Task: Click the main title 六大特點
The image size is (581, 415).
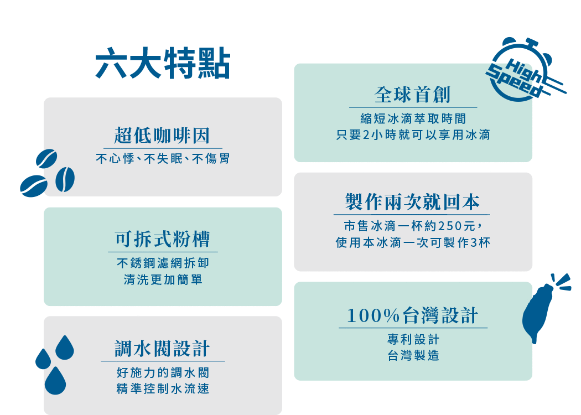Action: click(163, 63)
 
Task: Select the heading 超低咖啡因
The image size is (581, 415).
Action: click(162, 135)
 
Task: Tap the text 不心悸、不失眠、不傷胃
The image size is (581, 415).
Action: click(163, 159)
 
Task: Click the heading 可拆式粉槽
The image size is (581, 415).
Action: click(162, 239)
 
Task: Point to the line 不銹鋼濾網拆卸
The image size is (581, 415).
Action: click(163, 263)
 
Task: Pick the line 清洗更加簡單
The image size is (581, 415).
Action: click(163, 279)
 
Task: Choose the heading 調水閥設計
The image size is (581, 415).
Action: click(162, 349)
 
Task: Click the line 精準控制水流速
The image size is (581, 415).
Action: click(163, 388)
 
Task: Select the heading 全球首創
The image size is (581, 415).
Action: click(412, 95)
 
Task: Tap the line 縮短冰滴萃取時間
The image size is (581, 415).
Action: click(413, 118)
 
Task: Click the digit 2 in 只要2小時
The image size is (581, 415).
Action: click(366, 135)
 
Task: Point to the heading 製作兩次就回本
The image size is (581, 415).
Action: click(412, 202)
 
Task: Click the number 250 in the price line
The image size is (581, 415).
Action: click(450, 226)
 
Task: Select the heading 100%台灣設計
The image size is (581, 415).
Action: click(412, 315)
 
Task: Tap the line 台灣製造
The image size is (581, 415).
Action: click(413, 356)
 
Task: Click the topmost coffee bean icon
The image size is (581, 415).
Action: click(46, 159)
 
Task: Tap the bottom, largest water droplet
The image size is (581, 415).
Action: click(55, 381)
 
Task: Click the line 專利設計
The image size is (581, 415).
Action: click(413, 339)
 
